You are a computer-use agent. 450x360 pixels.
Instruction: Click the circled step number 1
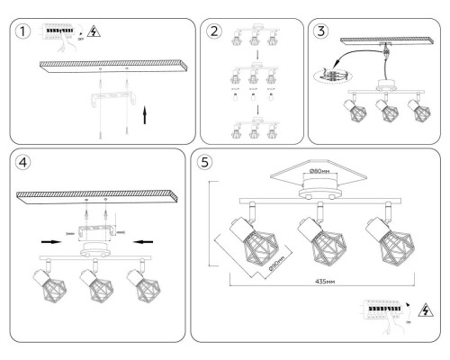point(22,31)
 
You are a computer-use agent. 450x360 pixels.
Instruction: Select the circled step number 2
point(214,31)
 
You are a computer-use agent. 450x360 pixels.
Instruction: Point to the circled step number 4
point(22,165)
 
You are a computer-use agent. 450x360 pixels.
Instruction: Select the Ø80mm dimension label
point(320,171)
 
